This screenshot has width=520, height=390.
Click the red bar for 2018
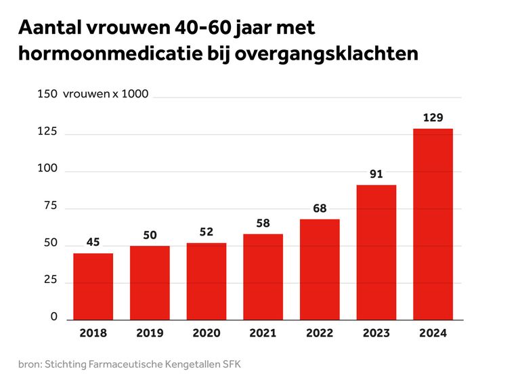pos(93,286)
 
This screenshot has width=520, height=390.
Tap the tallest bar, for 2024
pos(433,223)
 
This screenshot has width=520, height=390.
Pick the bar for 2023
pos(376,252)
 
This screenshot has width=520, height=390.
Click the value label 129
pos(433,118)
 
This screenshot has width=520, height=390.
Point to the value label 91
pos(376,174)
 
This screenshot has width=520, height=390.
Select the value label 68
pos(320,209)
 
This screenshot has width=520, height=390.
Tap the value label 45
pos(93,242)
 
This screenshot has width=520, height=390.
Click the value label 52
pos(207,232)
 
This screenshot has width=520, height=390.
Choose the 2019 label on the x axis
pos(150,333)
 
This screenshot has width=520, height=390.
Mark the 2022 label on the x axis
pos(320,333)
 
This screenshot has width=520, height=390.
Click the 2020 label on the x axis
pos(207,333)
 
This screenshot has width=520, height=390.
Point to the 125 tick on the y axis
pos(47,131)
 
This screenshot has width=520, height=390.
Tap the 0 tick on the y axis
pos(54,317)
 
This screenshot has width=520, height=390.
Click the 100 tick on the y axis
pos(47,169)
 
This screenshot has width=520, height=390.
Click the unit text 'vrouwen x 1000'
pos(105,94)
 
